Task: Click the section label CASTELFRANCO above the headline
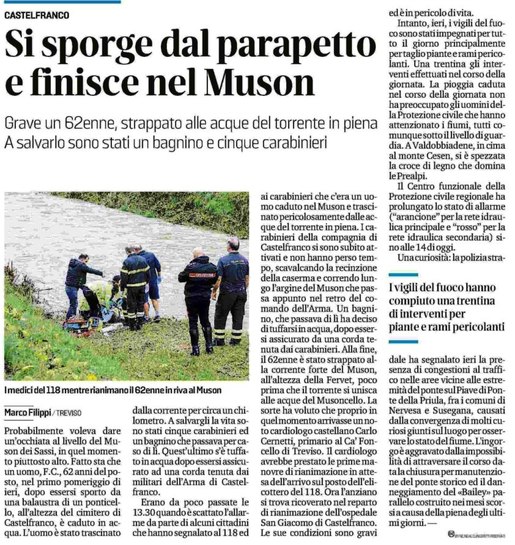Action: pos(37,15)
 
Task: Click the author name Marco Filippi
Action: pos(28,412)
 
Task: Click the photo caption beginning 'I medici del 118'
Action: pos(113,390)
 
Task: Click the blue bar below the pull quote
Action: pos(403,341)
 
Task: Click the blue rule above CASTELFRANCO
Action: pos(61,2)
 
